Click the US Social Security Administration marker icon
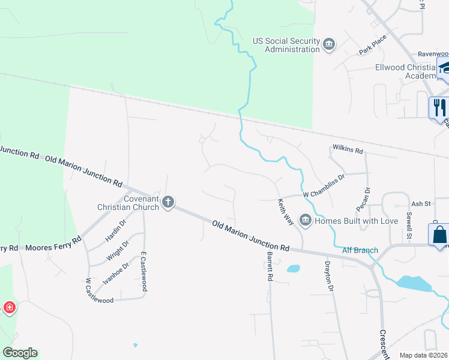pyautogui.click(x=329, y=44)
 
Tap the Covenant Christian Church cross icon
pyautogui.click(x=168, y=202)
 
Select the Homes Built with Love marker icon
pyautogui.click(x=306, y=221)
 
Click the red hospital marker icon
pyautogui.click(x=10, y=308)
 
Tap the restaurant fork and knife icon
pyautogui.click(x=439, y=107)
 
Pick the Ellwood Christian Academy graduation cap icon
pyautogui.click(x=444, y=68)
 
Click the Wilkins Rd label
pyautogui.click(x=348, y=149)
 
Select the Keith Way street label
pyautogui.click(x=285, y=212)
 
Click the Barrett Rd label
pyautogui.click(x=269, y=267)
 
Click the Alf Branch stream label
pyautogui.click(x=360, y=250)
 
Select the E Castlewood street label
pyautogui.click(x=143, y=271)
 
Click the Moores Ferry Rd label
pyautogui.click(x=53, y=244)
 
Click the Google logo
pyautogui.click(x=20, y=353)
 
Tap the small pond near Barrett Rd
pyautogui.click(x=294, y=269)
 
